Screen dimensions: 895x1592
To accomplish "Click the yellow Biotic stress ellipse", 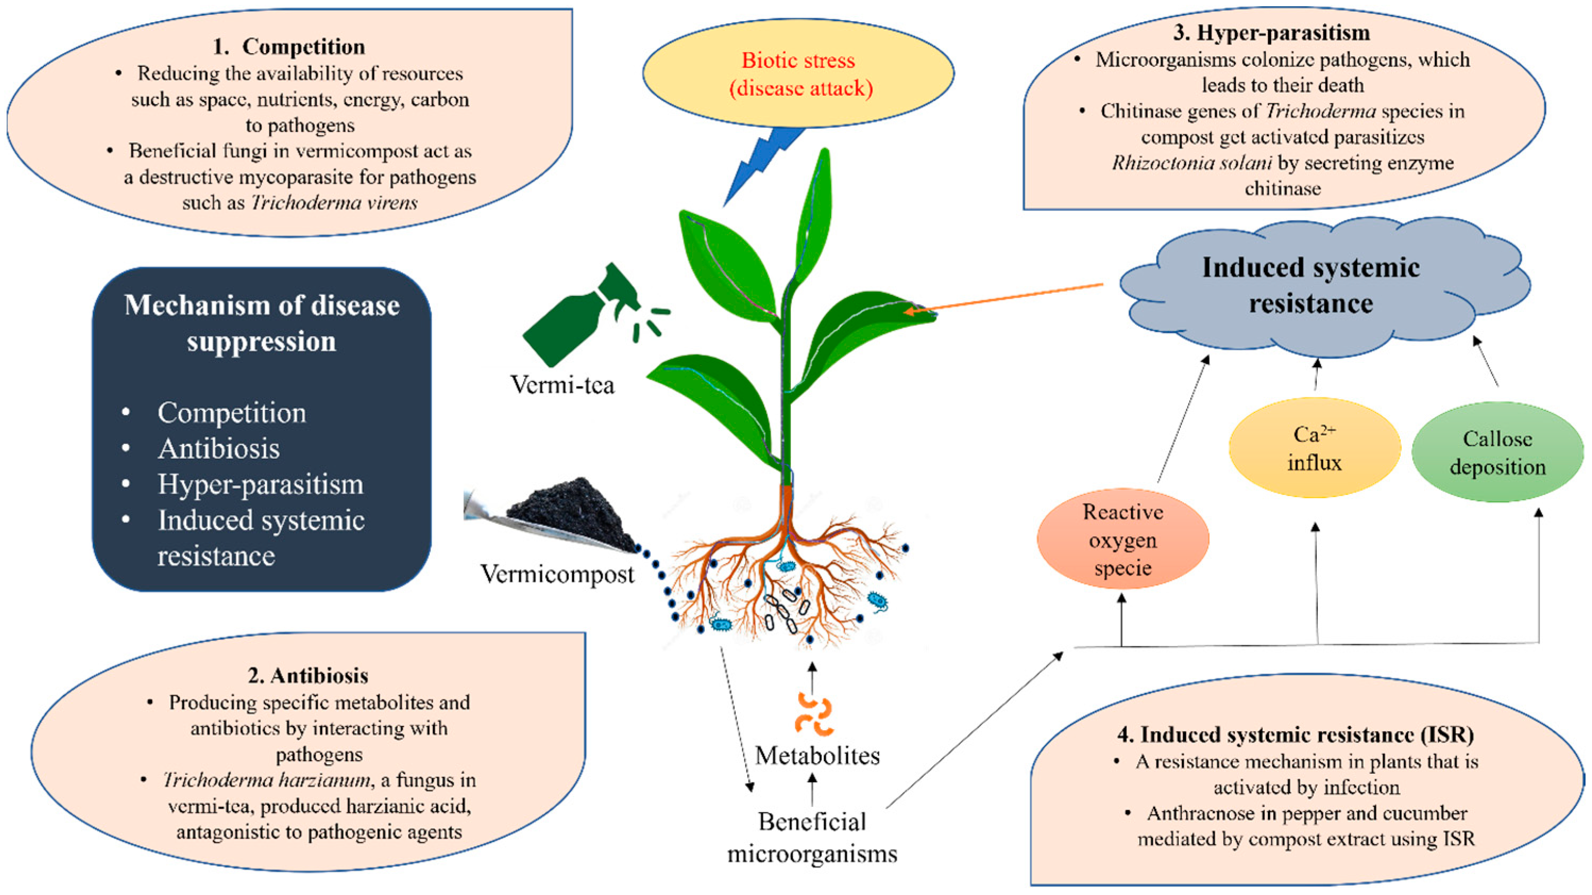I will pyautogui.click(x=798, y=73).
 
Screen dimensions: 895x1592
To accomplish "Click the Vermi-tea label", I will pyautogui.click(x=563, y=385).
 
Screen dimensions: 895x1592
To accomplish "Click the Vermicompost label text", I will pyautogui.click(x=557, y=575).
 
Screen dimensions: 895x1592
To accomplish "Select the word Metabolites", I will pyautogui.click(x=817, y=756).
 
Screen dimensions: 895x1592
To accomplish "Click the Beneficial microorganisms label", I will pyautogui.click(x=812, y=838).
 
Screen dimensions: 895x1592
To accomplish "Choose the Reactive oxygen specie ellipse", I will pyautogui.click(x=1122, y=539).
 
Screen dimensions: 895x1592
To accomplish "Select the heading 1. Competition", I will pyautogui.click(x=288, y=47).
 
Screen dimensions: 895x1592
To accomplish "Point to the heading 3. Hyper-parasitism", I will pyautogui.click(x=1271, y=33).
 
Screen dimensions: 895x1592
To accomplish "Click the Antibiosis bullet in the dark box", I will pyautogui.click(x=219, y=449).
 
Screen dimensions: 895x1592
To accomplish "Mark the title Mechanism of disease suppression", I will pyautogui.click(x=261, y=323).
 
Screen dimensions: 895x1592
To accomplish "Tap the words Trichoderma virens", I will pyautogui.click(x=334, y=203).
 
